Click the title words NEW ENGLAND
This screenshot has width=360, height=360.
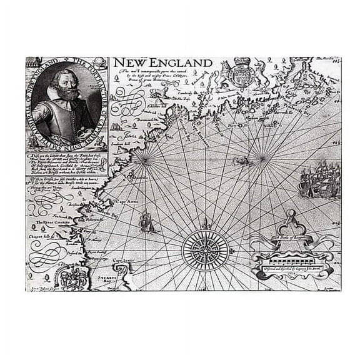[x=162, y=63]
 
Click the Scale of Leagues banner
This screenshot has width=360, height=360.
[x=292, y=239]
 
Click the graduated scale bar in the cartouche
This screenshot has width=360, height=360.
[x=291, y=254]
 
